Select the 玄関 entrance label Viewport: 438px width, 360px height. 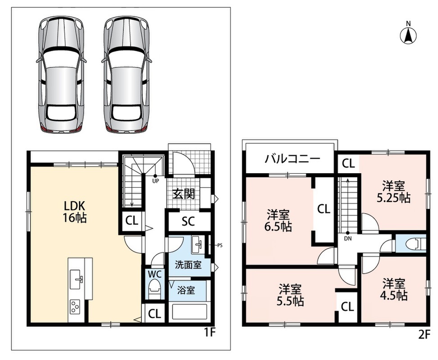click(x=183, y=193)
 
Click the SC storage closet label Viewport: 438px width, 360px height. click(x=188, y=221)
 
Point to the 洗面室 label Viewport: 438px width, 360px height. click(x=188, y=265)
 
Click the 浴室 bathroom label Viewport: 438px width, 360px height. click(x=186, y=290)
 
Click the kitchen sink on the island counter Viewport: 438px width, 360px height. click(x=77, y=279)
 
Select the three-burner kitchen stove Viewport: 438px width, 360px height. click(x=75, y=306)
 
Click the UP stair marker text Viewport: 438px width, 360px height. click(x=156, y=181)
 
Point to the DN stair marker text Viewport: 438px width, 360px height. click(x=348, y=238)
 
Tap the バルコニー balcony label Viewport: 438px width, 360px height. click(x=292, y=159)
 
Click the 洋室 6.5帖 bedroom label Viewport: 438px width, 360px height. click(x=278, y=220)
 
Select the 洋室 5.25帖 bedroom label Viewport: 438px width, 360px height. click(x=393, y=192)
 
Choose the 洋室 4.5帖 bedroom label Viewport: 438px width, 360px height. click(x=393, y=289)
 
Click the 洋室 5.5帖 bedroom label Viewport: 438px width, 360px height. click(x=290, y=295)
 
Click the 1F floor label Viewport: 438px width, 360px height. click(x=209, y=333)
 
